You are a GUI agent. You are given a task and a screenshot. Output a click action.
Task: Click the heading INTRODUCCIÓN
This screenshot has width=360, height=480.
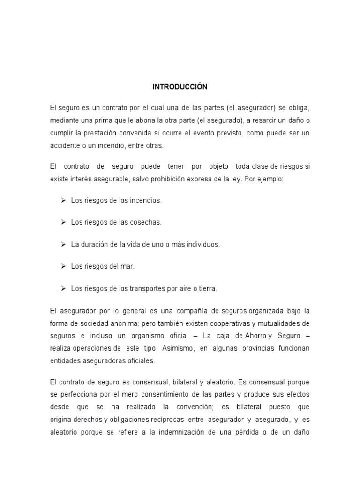coord(180,87)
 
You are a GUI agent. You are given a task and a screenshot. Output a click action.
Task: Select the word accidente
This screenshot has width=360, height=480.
coord(65,145)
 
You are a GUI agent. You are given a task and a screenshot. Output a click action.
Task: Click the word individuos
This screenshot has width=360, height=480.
coord(202,244)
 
